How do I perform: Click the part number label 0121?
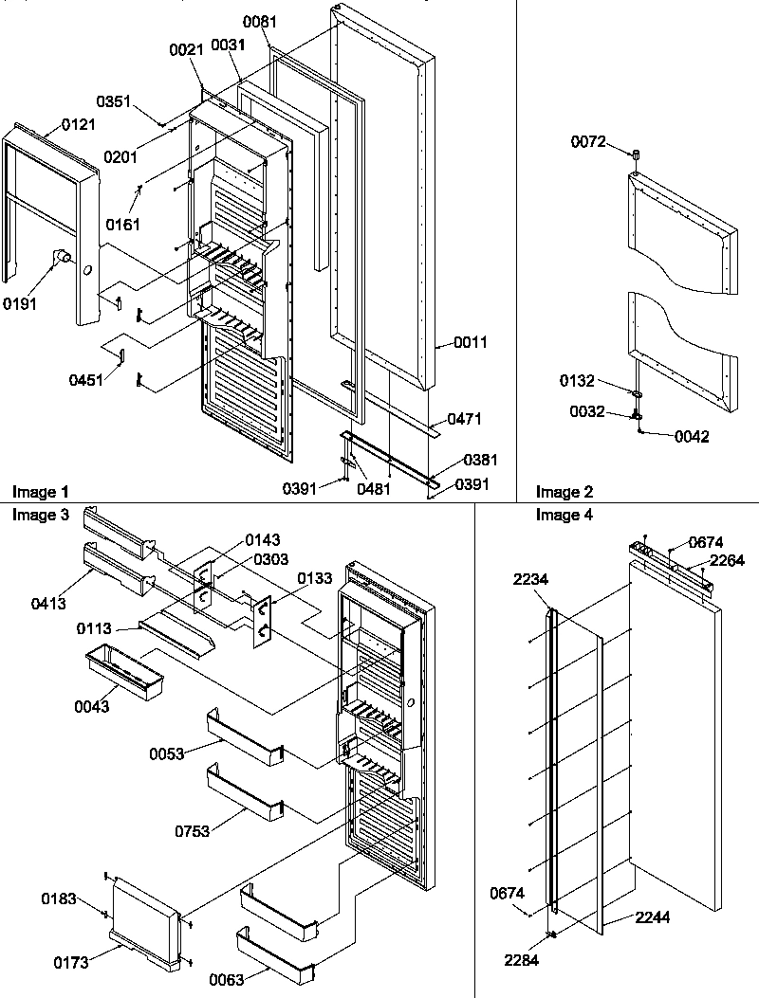click(x=79, y=125)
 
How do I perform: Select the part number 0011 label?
click(x=471, y=342)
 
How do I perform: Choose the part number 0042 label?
click(x=692, y=437)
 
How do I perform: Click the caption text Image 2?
click(x=564, y=491)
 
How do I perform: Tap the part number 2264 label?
click(x=726, y=560)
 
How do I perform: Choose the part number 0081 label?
click(x=260, y=21)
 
